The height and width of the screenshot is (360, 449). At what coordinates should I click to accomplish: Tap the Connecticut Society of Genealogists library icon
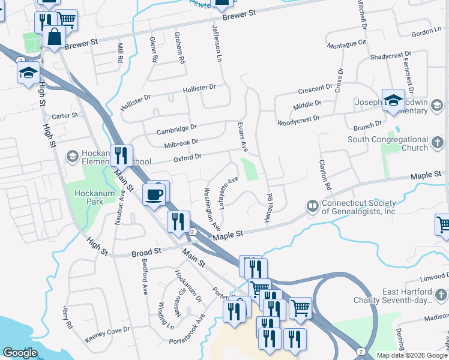[312, 206]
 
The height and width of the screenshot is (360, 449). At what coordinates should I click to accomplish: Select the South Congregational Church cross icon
[438, 143]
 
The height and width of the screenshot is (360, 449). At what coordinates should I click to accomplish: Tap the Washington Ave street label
[212, 209]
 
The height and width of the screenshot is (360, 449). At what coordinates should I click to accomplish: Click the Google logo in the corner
[20, 353]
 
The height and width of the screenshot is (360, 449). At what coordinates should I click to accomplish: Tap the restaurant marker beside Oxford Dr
[121, 156]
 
